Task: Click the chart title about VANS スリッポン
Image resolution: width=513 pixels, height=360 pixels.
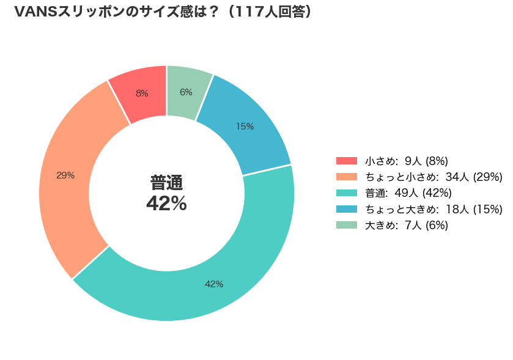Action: (163, 12)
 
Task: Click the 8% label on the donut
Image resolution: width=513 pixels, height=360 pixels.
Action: (142, 94)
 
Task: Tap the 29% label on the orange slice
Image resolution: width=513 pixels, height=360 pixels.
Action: (65, 175)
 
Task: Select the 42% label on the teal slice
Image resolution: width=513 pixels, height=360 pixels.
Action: (214, 284)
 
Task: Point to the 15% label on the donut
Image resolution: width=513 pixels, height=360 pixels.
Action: (245, 126)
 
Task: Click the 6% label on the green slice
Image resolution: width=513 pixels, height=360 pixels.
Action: (186, 92)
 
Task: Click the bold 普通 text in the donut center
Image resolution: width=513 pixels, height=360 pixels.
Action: (166, 183)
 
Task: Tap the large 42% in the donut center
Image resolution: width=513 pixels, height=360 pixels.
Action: (166, 204)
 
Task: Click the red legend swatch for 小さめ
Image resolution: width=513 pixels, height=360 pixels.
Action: (347, 161)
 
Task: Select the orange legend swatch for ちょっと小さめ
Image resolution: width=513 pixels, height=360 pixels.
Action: (347, 177)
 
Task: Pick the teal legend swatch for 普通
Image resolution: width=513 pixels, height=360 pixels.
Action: (347, 193)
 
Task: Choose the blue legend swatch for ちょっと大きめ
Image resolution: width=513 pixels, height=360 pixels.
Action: (347, 209)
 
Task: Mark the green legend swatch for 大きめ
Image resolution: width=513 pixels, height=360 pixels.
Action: (347, 225)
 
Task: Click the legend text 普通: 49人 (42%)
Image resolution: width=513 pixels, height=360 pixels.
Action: (408, 193)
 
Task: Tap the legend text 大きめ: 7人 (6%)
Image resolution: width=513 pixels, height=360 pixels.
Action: (407, 225)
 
